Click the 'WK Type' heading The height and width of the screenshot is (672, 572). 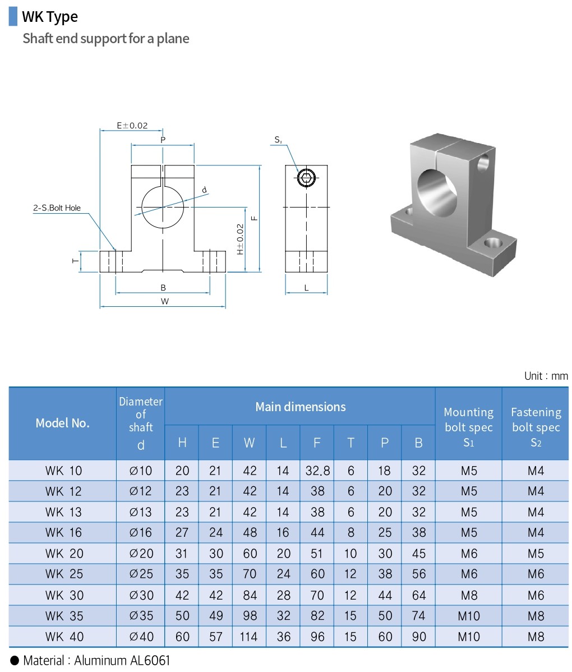click(50, 17)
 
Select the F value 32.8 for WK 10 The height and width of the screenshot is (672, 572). click(317, 471)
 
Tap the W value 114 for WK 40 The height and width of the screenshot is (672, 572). click(249, 637)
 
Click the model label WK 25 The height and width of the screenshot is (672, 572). click(64, 574)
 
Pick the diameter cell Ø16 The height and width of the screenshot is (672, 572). click(141, 532)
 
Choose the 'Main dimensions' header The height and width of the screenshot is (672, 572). click(301, 407)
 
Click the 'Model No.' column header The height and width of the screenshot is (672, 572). click(62, 424)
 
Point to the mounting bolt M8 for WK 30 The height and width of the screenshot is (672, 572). click(468, 595)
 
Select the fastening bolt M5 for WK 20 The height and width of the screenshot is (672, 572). click(536, 554)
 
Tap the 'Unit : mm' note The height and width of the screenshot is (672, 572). click(546, 376)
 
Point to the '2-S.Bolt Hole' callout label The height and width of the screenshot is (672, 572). click(57, 208)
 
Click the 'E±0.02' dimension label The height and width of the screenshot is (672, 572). click(132, 125)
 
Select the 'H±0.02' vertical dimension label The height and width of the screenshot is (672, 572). click(240, 240)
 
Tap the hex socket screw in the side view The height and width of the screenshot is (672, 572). click(306, 178)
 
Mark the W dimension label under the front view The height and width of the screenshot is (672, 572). click(164, 301)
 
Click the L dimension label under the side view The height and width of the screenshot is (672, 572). click(306, 288)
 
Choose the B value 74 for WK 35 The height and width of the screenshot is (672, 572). click(418, 615)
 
